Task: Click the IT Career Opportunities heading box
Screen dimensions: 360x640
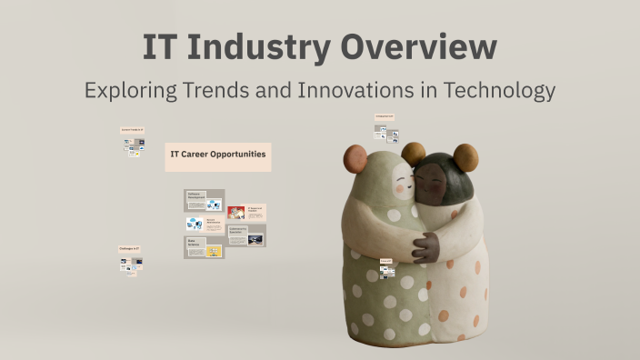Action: pyautogui.click(x=217, y=155)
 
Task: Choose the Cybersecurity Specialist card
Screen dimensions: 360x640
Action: pyautogui.click(x=245, y=235)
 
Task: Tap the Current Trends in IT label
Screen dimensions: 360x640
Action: pyautogui.click(x=133, y=131)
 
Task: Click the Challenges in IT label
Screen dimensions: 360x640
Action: pyautogui.click(x=130, y=249)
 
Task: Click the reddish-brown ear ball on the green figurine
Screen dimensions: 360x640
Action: pyautogui.click(x=414, y=151)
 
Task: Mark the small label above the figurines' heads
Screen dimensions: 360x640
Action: pyautogui.click(x=385, y=117)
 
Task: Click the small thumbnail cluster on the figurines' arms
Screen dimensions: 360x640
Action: pyautogui.click(x=387, y=269)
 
